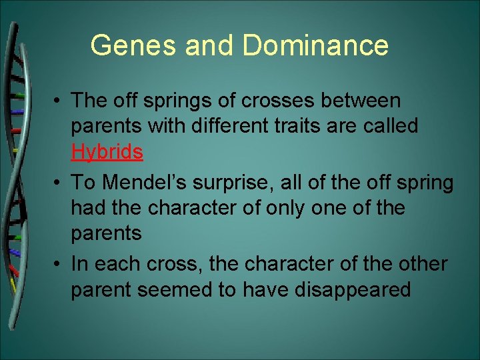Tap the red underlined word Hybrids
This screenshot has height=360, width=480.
point(107,152)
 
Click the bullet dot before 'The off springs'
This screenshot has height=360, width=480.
point(59,101)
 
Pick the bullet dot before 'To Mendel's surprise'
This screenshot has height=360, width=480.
point(59,182)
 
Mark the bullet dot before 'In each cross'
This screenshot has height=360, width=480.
point(59,264)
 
